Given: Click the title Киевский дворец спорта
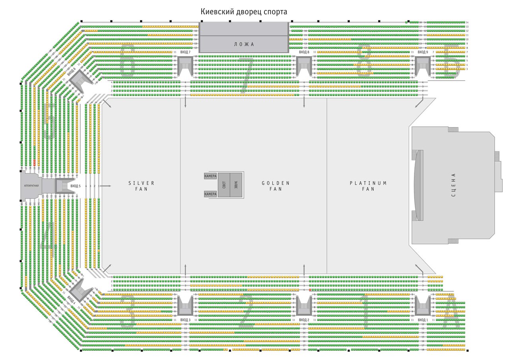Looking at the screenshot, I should coord(243,12).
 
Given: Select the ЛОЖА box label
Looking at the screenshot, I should coord(243,44).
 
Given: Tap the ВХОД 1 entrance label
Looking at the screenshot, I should coord(423,320).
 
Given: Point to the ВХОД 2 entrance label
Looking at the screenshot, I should coord(304,320).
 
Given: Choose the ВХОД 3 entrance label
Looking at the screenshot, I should coord(185,320).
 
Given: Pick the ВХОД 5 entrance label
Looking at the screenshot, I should coord(75,186).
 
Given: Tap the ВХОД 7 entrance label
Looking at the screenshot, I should coord(185,52).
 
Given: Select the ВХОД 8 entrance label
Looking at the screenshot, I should coord(304,52).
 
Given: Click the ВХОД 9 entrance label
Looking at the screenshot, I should coord(423,52).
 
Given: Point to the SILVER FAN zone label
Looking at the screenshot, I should coord(141,186).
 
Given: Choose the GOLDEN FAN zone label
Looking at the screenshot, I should coord(275,186).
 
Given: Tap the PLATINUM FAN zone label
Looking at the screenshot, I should coord(368,186).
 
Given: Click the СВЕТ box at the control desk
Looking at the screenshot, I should coord(224,185).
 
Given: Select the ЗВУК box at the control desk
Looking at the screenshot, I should coord(236,185).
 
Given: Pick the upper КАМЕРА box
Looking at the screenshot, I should coord(210,176).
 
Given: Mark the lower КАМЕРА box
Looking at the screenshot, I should coord(210,194).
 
